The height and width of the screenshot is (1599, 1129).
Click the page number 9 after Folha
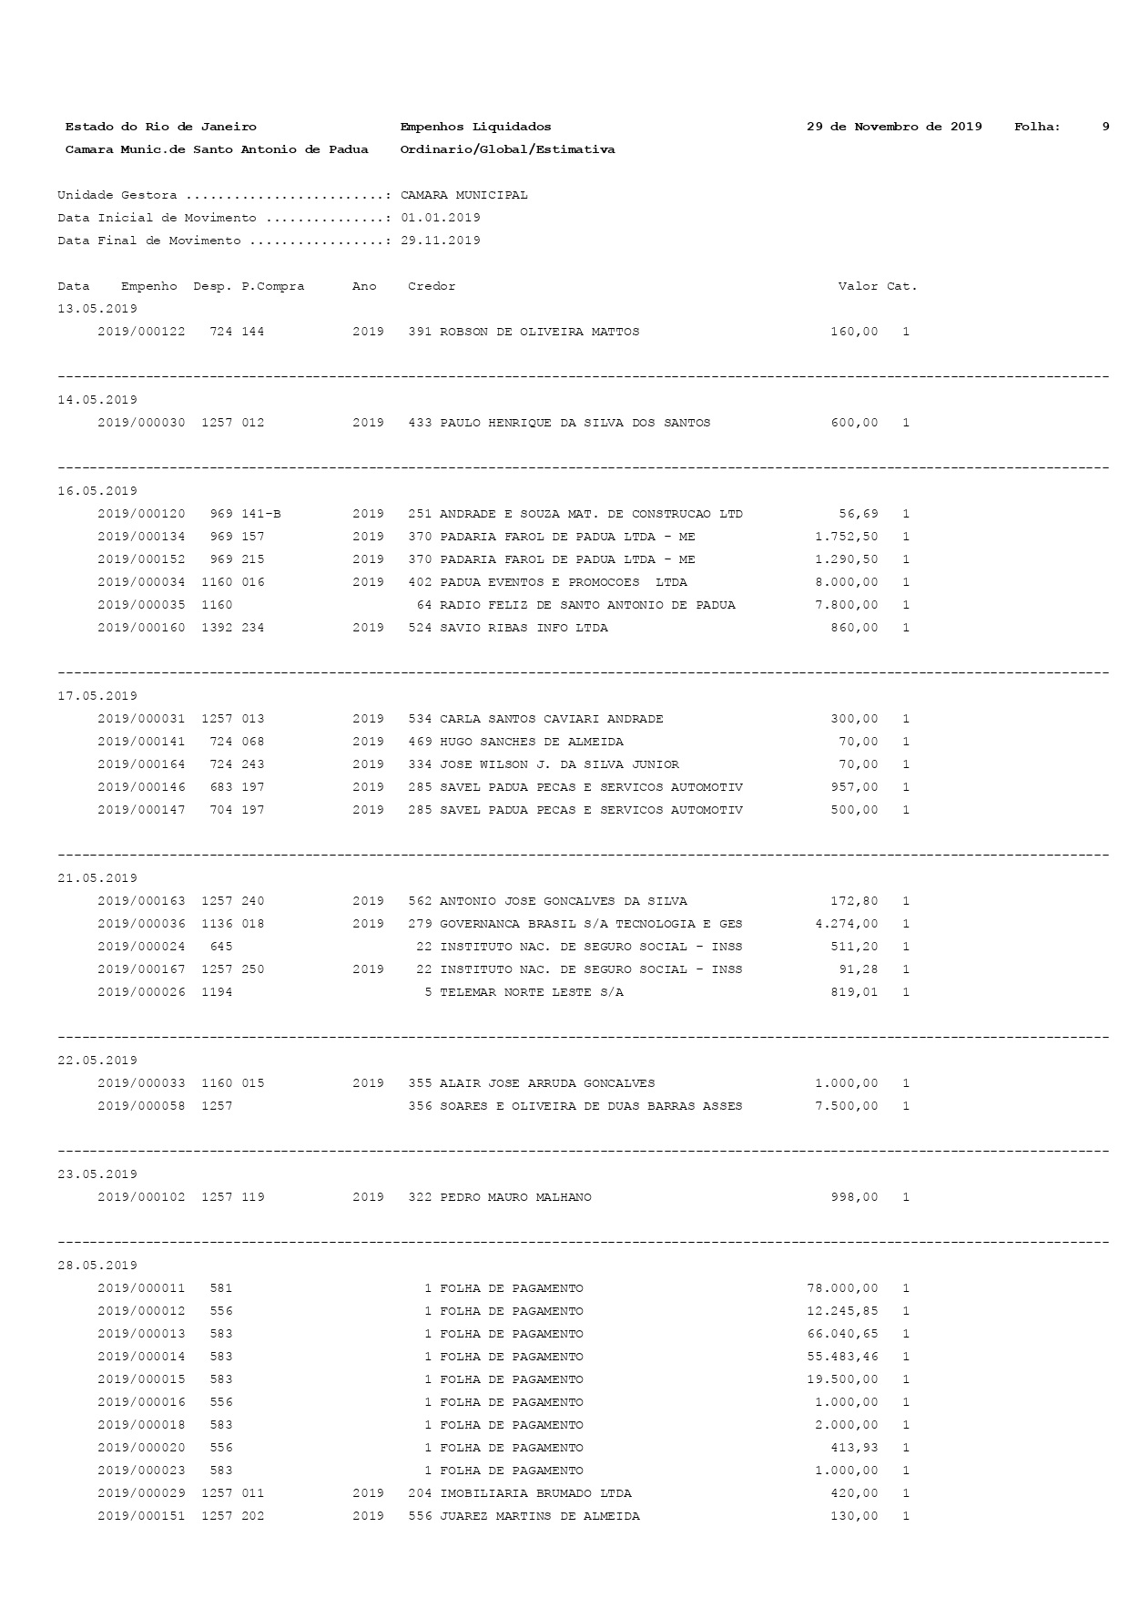[x=1105, y=127]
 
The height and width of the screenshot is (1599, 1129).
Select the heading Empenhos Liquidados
[x=475, y=127]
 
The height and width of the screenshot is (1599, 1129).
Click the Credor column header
[x=432, y=286]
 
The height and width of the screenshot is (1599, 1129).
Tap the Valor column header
[x=858, y=286]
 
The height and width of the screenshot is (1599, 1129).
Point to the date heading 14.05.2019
[x=97, y=400]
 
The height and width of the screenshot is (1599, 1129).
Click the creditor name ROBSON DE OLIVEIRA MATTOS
[x=539, y=332]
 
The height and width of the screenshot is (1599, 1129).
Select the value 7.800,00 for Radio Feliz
[x=847, y=605]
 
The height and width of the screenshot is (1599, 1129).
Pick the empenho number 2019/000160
[x=141, y=628]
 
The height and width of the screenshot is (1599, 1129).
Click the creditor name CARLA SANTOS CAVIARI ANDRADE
[x=551, y=719]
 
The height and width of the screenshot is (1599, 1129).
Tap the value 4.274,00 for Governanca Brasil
[x=847, y=924]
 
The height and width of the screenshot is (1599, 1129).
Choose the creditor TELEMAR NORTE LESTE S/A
[x=532, y=992]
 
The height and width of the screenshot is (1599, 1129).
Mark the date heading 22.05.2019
[x=97, y=1061]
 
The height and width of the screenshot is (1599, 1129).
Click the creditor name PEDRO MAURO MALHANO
[x=515, y=1197]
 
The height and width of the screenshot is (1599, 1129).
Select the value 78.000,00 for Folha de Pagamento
[x=842, y=1288]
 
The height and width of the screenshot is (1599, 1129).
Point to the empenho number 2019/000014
[x=141, y=1357]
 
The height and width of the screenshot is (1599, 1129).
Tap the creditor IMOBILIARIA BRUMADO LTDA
[x=535, y=1493]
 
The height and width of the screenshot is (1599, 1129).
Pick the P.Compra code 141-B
[x=261, y=514]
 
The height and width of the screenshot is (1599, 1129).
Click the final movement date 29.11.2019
[x=441, y=241]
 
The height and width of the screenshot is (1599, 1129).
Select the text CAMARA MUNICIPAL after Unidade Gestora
[x=464, y=195]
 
